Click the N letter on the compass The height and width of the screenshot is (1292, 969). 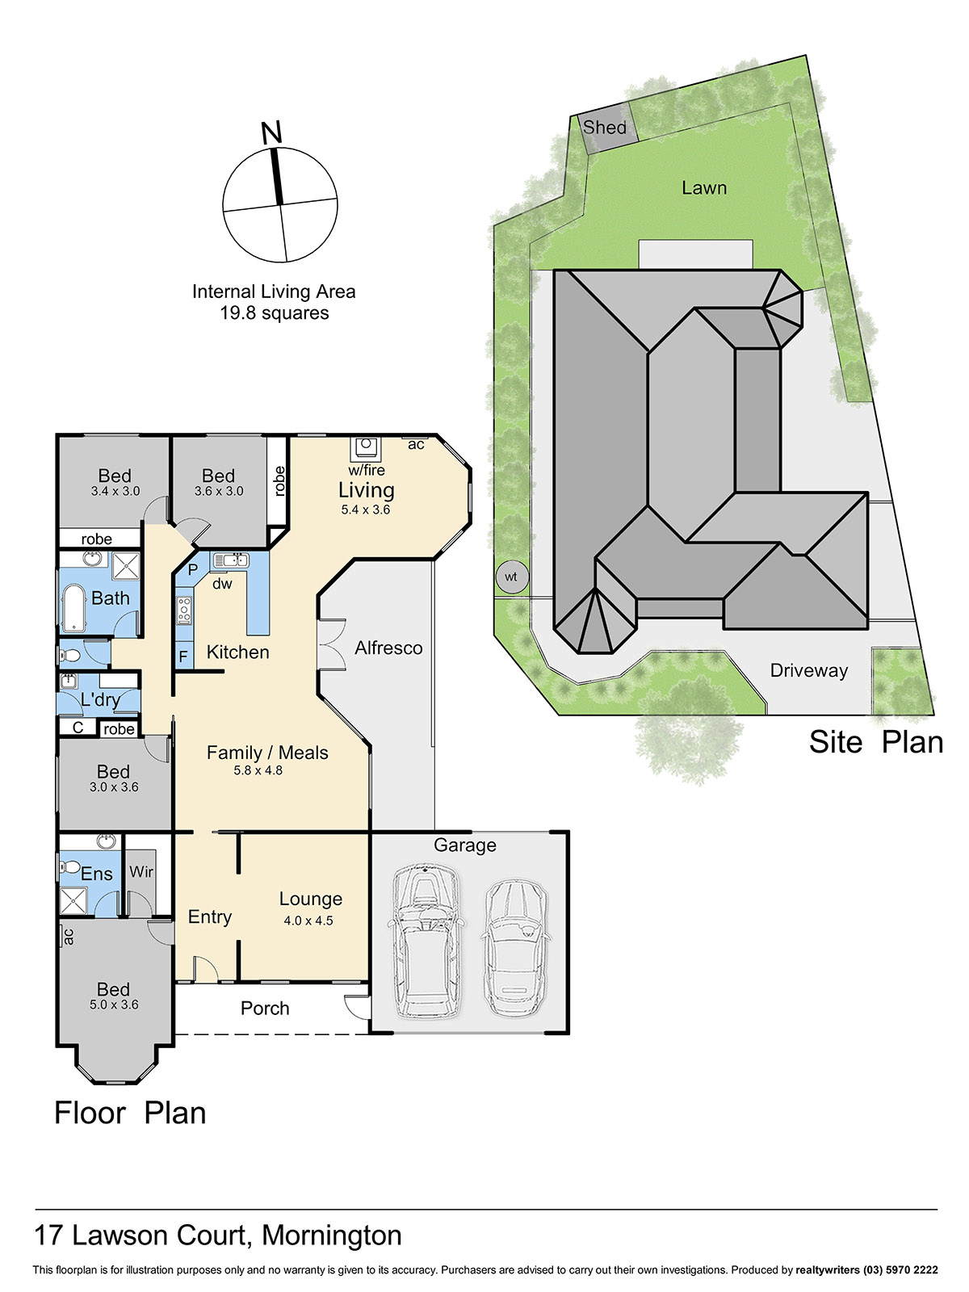pyautogui.click(x=271, y=132)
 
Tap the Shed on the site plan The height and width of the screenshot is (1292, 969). pyautogui.click(x=604, y=128)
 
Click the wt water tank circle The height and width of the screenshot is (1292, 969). pyautogui.click(x=510, y=577)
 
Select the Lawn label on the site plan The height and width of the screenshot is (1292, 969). pyautogui.click(x=703, y=188)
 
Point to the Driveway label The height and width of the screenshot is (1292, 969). pyautogui.click(x=808, y=670)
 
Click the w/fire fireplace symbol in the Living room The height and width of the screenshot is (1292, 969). pyautogui.click(x=366, y=448)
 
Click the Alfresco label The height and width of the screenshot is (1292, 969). pyautogui.click(x=388, y=648)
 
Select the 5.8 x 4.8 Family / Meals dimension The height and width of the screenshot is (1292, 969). pyautogui.click(x=258, y=770)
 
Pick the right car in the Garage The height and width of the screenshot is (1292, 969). pyautogui.click(x=514, y=948)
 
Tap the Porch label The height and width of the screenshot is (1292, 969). pyautogui.click(x=265, y=1009)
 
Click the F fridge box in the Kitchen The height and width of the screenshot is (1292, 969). pyautogui.click(x=183, y=655)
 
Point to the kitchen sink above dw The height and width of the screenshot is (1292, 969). pyautogui.click(x=231, y=560)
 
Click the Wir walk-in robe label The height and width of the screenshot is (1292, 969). pyautogui.click(x=141, y=871)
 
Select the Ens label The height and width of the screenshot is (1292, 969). pyautogui.click(x=96, y=874)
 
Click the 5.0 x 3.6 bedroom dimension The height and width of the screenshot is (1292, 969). pyautogui.click(x=114, y=1005)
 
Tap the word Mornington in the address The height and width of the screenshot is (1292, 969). pyautogui.click(x=332, y=1236)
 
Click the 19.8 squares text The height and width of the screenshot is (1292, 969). pyautogui.click(x=275, y=313)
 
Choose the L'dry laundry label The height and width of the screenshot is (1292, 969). pyautogui.click(x=100, y=700)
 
